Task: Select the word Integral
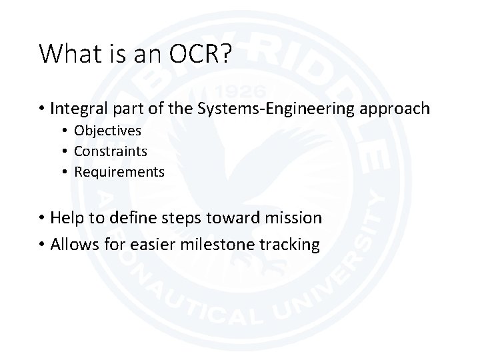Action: click(x=77, y=108)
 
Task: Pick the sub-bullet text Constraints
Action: click(x=111, y=151)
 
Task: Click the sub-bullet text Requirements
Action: click(x=119, y=172)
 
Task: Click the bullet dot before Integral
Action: click(x=42, y=109)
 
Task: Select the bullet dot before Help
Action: click(x=42, y=218)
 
